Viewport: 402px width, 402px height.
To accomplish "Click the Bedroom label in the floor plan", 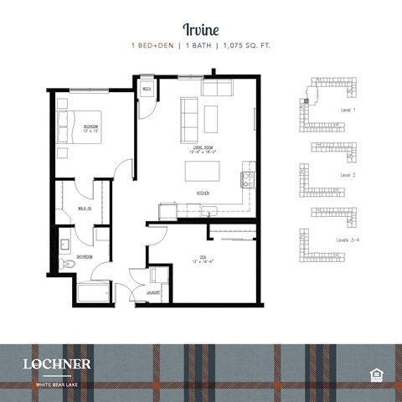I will [x=90, y=128].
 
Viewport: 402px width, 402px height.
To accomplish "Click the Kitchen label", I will [x=202, y=193].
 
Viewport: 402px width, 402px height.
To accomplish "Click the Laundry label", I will [x=153, y=292].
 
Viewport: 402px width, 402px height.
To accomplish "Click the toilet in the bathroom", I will [x=70, y=265].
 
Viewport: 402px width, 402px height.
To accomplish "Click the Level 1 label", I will [x=348, y=110].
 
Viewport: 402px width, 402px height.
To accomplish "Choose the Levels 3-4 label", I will [x=348, y=240].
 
